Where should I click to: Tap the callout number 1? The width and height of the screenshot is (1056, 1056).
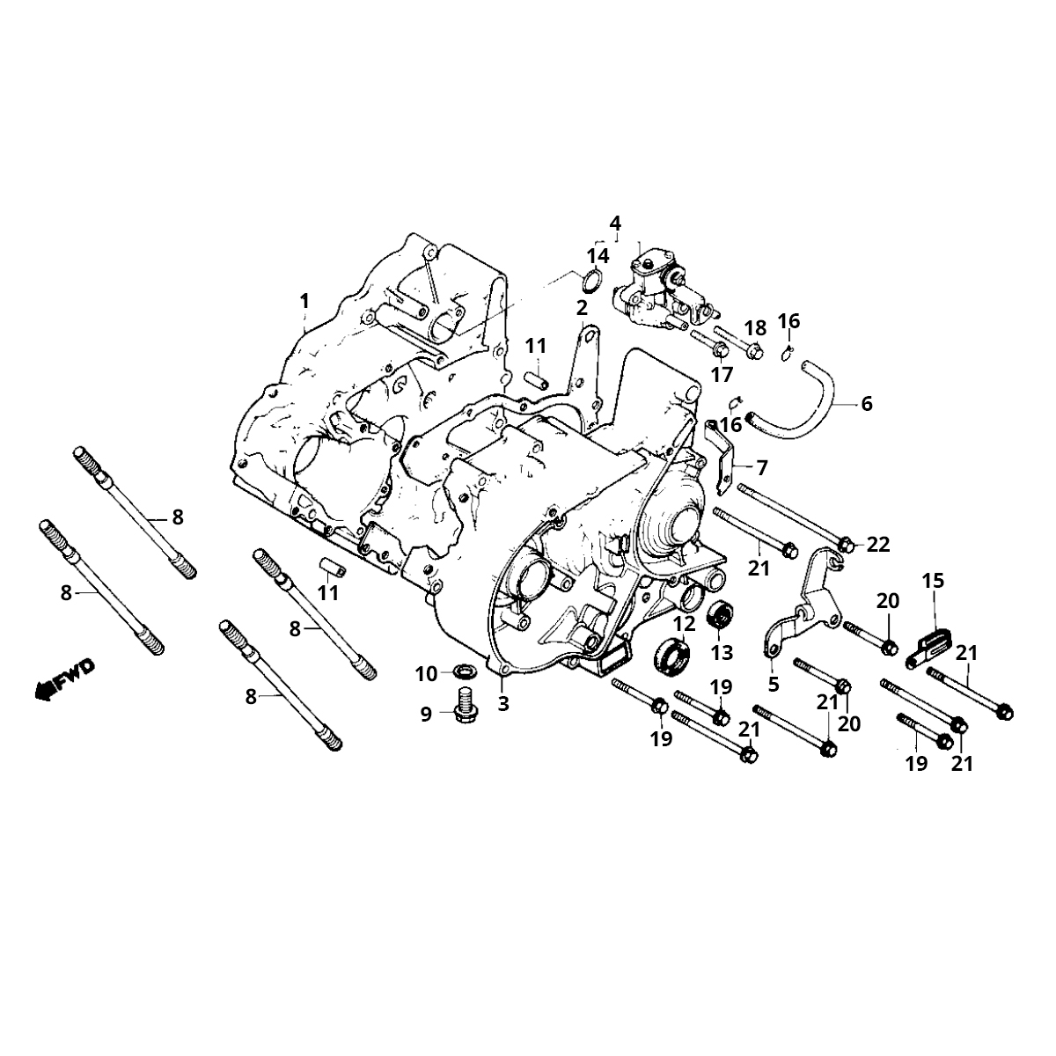pyautogui.click(x=304, y=301)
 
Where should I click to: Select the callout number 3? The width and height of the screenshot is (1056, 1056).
pyautogui.click(x=503, y=703)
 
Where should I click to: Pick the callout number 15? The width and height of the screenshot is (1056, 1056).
pyautogui.click(x=933, y=581)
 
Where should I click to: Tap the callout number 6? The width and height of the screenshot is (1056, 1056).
pyautogui.click(x=867, y=404)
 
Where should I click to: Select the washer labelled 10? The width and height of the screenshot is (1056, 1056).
pyautogui.click(x=459, y=673)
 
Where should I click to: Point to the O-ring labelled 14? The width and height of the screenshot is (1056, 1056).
pyautogui.click(x=593, y=282)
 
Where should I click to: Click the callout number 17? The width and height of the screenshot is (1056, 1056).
pyautogui.click(x=722, y=375)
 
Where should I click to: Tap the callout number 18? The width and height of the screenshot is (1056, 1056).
pyautogui.click(x=755, y=328)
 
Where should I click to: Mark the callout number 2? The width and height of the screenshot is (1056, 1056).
pyautogui.click(x=582, y=308)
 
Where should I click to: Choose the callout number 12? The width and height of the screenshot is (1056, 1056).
pyautogui.click(x=685, y=623)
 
